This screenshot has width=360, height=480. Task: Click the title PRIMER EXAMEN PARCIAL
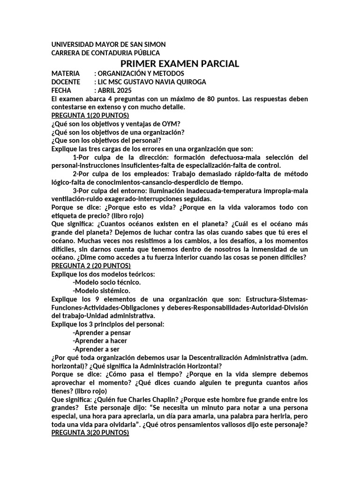pyautogui.click(x=180, y=64)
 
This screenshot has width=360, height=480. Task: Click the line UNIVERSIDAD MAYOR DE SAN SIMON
pyautogui.click(x=108, y=44)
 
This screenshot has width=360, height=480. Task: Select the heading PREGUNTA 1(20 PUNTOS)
pyautogui.click(x=90, y=115)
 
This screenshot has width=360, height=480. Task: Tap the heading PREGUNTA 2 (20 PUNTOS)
pyautogui.click(x=91, y=266)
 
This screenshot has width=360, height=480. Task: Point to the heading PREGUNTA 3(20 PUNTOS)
pyautogui.click(x=90, y=434)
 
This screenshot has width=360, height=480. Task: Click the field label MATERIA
pyautogui.click(x=66, y=74)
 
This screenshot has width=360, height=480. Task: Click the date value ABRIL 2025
pyautogui.click(x=115, y=90)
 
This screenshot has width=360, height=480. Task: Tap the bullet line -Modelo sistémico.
pyautogui.click(x=102, y=291)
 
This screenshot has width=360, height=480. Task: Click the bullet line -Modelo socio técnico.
pyautogui.click(x=107, y=282)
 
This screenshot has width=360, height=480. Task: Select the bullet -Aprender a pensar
pyautogui.click(x=102, y=332)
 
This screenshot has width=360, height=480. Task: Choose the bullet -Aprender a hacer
pyautogui.click(x=100, y=341)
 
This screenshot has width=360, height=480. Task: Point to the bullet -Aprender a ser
pyautogui.click(x=96, y=349)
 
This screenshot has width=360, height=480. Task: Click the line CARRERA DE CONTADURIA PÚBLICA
pyautogui.click(x=105, y=53)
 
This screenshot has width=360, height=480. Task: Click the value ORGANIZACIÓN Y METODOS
pyautogui.click(x=141, y=74)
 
